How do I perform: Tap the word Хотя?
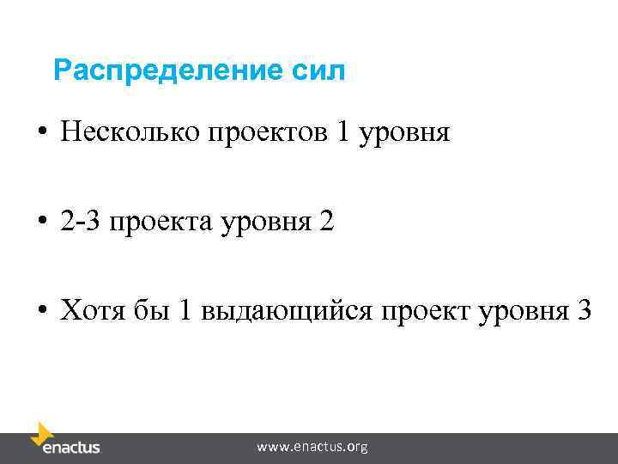90,311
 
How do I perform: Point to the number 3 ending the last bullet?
584,310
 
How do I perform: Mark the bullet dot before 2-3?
42,224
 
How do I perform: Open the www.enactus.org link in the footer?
312,447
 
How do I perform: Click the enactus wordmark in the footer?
71,448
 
